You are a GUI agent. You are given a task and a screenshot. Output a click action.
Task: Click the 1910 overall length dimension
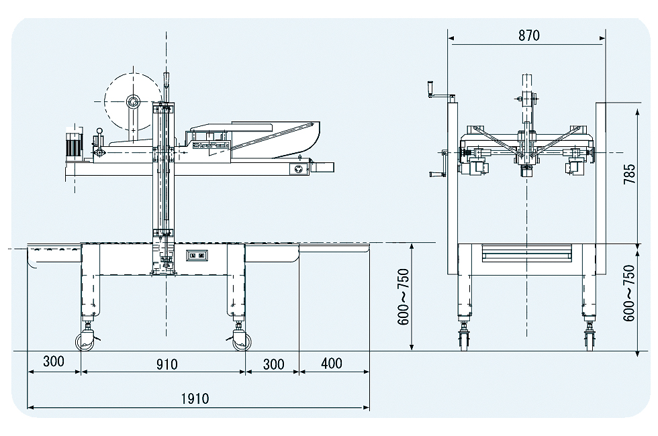(195, 398)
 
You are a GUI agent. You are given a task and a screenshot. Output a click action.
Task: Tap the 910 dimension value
(167, 364)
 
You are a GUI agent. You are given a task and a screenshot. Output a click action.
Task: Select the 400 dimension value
(332, 363)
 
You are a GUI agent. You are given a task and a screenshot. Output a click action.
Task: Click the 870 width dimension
(529, 36)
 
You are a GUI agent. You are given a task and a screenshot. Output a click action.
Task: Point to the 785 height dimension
(629, 174)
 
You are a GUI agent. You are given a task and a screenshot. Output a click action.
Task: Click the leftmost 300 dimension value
(54, 361)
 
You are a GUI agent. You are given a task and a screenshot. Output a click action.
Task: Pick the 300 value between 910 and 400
(274, 364)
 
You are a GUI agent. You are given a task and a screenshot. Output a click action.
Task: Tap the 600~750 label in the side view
(403, 296)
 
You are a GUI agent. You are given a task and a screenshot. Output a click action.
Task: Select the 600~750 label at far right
(629, 293)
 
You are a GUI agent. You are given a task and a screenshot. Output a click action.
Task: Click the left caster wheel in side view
(85, 341)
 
